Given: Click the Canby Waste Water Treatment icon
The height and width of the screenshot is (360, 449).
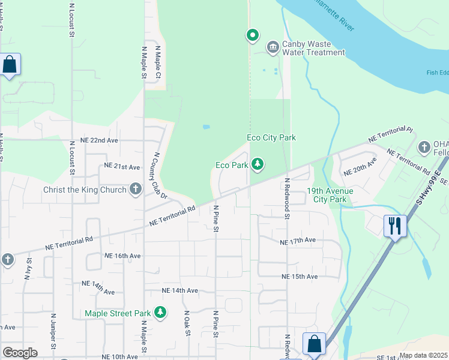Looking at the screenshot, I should pyautogui.click(x=273, y=46).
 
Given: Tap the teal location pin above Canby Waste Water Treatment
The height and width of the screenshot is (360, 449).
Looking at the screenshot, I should pyautogui.click(x=253, y=35).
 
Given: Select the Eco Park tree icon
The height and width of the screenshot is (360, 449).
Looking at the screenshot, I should pyautogui.click(x=258, y=164).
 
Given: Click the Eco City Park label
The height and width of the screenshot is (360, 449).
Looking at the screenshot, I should pyautogui.click(x=271, y=137).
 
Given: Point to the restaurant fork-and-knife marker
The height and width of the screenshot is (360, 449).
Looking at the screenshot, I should pyautogui.click(x=394, y=226).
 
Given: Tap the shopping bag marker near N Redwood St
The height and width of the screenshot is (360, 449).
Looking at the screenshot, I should pyautogui.click(x=314, y=344).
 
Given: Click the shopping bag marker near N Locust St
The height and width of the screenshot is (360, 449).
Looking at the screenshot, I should pyautogui.click(x=10, y=64).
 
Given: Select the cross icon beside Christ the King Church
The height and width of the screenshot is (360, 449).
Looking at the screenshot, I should pyautogui.click(x=136, y=190).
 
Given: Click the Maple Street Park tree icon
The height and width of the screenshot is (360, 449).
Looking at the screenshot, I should pyautogui.click(x=160, y=312).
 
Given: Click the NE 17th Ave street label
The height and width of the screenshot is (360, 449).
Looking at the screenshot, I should pyautogui.click(x=298, y=241).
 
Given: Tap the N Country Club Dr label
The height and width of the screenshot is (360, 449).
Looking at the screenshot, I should pyautogui.click(x=160, y=175).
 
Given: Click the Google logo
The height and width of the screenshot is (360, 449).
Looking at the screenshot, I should pyautogui.click(x=20, y=352).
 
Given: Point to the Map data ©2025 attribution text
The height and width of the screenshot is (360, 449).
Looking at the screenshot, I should pyautogui.click(x=423, y=355).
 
